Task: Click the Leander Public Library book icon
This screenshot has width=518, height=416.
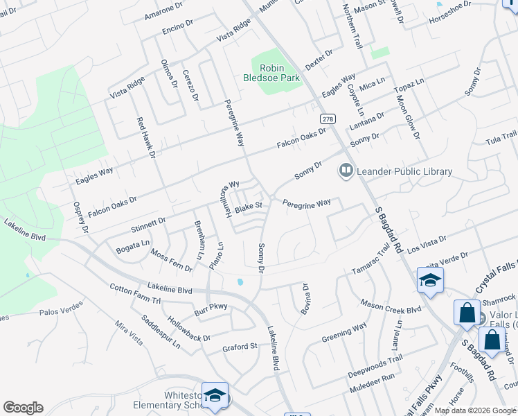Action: click(345, 170)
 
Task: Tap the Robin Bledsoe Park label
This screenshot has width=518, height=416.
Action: click(280, 73)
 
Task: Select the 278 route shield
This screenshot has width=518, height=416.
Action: click(328, 119)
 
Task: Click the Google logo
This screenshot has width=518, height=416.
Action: click(23, 408)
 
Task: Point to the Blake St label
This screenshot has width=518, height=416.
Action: click(249, 207)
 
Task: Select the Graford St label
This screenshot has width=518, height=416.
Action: click(240, 346)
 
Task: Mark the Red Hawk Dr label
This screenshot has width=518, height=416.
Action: click(145, 138)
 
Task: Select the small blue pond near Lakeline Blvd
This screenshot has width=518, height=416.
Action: click(240, 282)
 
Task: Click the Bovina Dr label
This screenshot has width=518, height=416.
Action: click(305, 298)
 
